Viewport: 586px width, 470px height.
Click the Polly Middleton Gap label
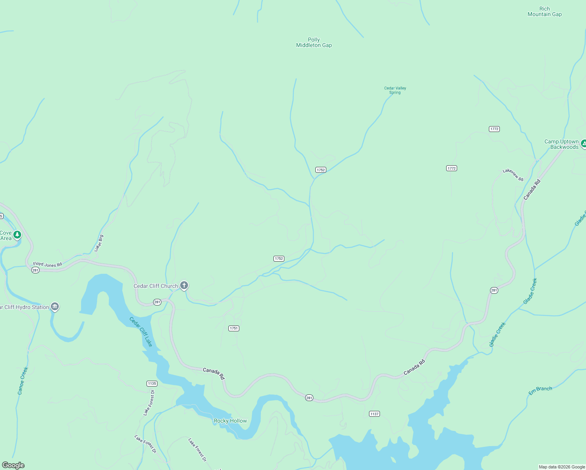click(314, 42)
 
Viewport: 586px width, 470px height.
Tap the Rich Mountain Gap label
click(544, 11)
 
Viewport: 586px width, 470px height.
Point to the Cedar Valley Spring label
click(395, 90)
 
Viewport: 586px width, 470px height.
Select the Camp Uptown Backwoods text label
click(561, 144)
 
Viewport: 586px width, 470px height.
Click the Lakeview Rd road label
click(513, 174)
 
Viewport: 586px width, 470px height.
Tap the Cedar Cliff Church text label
click(156, 286)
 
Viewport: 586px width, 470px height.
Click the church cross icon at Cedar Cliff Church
click(184, 285)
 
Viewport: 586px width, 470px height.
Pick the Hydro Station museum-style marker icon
click(55, 307)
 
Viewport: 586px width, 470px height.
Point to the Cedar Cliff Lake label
click(141, 332)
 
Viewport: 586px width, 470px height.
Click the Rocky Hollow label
click(230, 421)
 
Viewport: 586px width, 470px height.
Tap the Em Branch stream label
click(540, 390)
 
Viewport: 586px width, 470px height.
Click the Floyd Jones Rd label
click(47, 264)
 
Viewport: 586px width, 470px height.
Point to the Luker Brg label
click(99, 243)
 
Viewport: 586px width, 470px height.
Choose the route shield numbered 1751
click(234, 328)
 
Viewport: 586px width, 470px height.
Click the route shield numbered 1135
click(152, 383)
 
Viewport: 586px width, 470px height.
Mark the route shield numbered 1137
click(374, 414)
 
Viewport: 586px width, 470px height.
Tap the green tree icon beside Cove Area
click(17, 235)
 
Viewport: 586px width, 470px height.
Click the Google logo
click(13, 465)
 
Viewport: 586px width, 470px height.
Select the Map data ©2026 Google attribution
click(562, 467)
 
